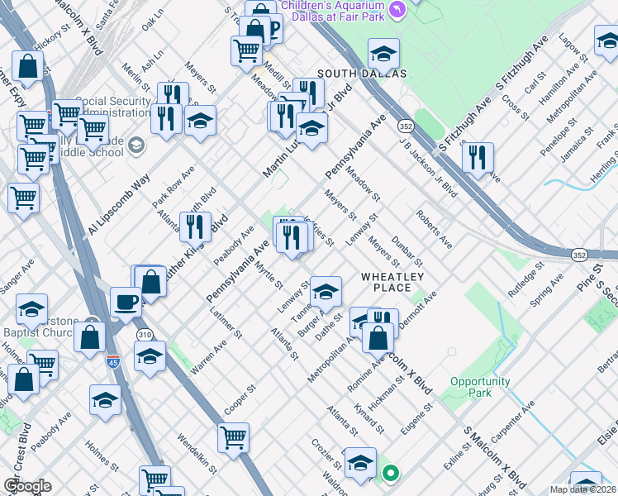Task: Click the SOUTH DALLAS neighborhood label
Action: tap(360, 74)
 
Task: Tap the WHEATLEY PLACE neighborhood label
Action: tap(392, 282)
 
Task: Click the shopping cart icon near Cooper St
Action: tap(234, 437)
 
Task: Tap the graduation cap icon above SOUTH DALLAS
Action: tap(383, 54)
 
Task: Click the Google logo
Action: tap(27, 486)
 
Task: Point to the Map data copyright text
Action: tap(582, 489)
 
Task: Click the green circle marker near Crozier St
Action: tap(390, 474)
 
